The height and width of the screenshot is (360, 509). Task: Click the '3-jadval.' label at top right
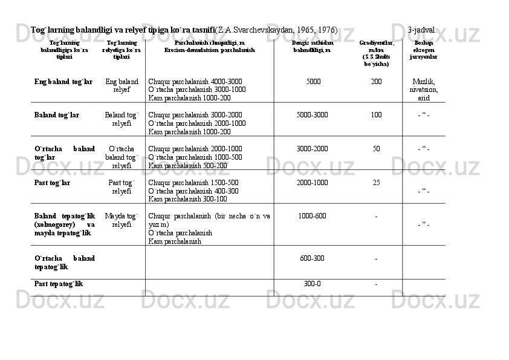point(423,30)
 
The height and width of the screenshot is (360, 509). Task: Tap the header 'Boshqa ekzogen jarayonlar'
point(424,50)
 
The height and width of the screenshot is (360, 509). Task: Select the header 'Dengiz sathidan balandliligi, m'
point(313,47)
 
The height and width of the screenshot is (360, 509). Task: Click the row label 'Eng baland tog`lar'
point(63,81)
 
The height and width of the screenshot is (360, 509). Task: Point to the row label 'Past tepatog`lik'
point(59,283)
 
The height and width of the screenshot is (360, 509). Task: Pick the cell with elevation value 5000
point(313,81)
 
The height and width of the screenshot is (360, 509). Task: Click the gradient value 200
point(376,81)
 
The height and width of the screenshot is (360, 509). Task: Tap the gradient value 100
point(376,115)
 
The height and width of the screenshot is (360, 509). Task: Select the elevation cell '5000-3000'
point(313,115)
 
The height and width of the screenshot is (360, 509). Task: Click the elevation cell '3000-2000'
point(313,149)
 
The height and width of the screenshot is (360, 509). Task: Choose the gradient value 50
point(376,149)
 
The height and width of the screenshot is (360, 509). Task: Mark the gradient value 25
point(376,183)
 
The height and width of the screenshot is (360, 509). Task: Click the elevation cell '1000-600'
point(313,217)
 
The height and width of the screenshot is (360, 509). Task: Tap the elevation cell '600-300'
point(313,258)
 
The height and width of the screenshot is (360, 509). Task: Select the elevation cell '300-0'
point(313,283)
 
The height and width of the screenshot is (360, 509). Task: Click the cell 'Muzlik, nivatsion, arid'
point(424,90)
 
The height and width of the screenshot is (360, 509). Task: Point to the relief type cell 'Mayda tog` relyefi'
point(122,220)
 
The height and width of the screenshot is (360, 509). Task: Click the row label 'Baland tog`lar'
point(57,115)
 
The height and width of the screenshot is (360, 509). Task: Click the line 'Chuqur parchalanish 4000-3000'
point(195,81)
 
